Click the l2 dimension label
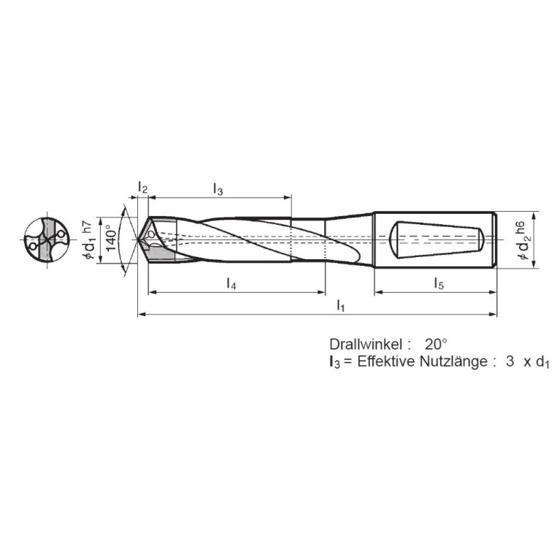click(143, 189)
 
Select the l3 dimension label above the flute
click(218, 189)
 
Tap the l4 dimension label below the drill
click(231, 284)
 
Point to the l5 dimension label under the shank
click(438, 284)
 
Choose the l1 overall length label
click(340, 306)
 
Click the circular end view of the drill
click(46, 239)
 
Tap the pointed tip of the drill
click(139, 239)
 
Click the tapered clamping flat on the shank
click(437, 239)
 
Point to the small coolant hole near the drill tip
click(151, 234)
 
